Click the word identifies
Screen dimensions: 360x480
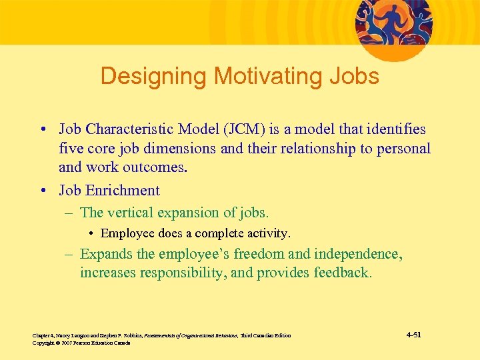click(x=394, y=129)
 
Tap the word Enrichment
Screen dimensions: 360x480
click(x=122, y=191)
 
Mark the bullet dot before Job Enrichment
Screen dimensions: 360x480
click(x=42, y=191)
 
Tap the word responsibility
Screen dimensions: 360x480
click(x=180, y=273)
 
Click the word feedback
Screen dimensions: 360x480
click(x=339, y=273)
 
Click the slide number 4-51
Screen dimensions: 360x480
click(x=413, y=334)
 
